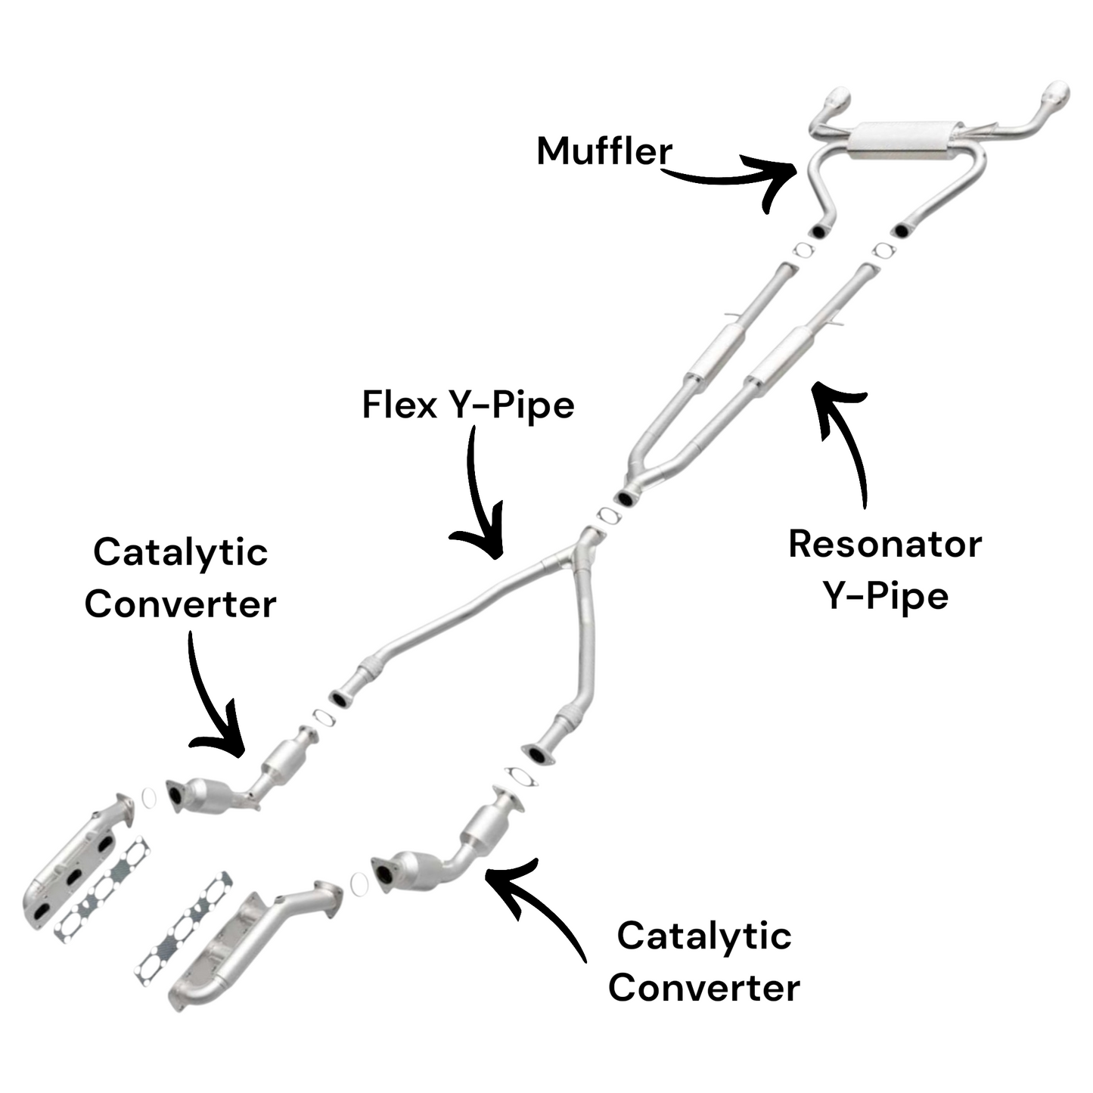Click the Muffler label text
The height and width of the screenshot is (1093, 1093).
click(604, 151)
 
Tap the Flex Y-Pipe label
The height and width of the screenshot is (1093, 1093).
click(467, 405)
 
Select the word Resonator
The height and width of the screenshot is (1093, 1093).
click(884, 545)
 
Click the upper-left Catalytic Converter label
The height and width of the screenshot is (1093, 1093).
click(180, 578)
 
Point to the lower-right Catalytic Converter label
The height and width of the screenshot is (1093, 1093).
click(703, 961)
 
